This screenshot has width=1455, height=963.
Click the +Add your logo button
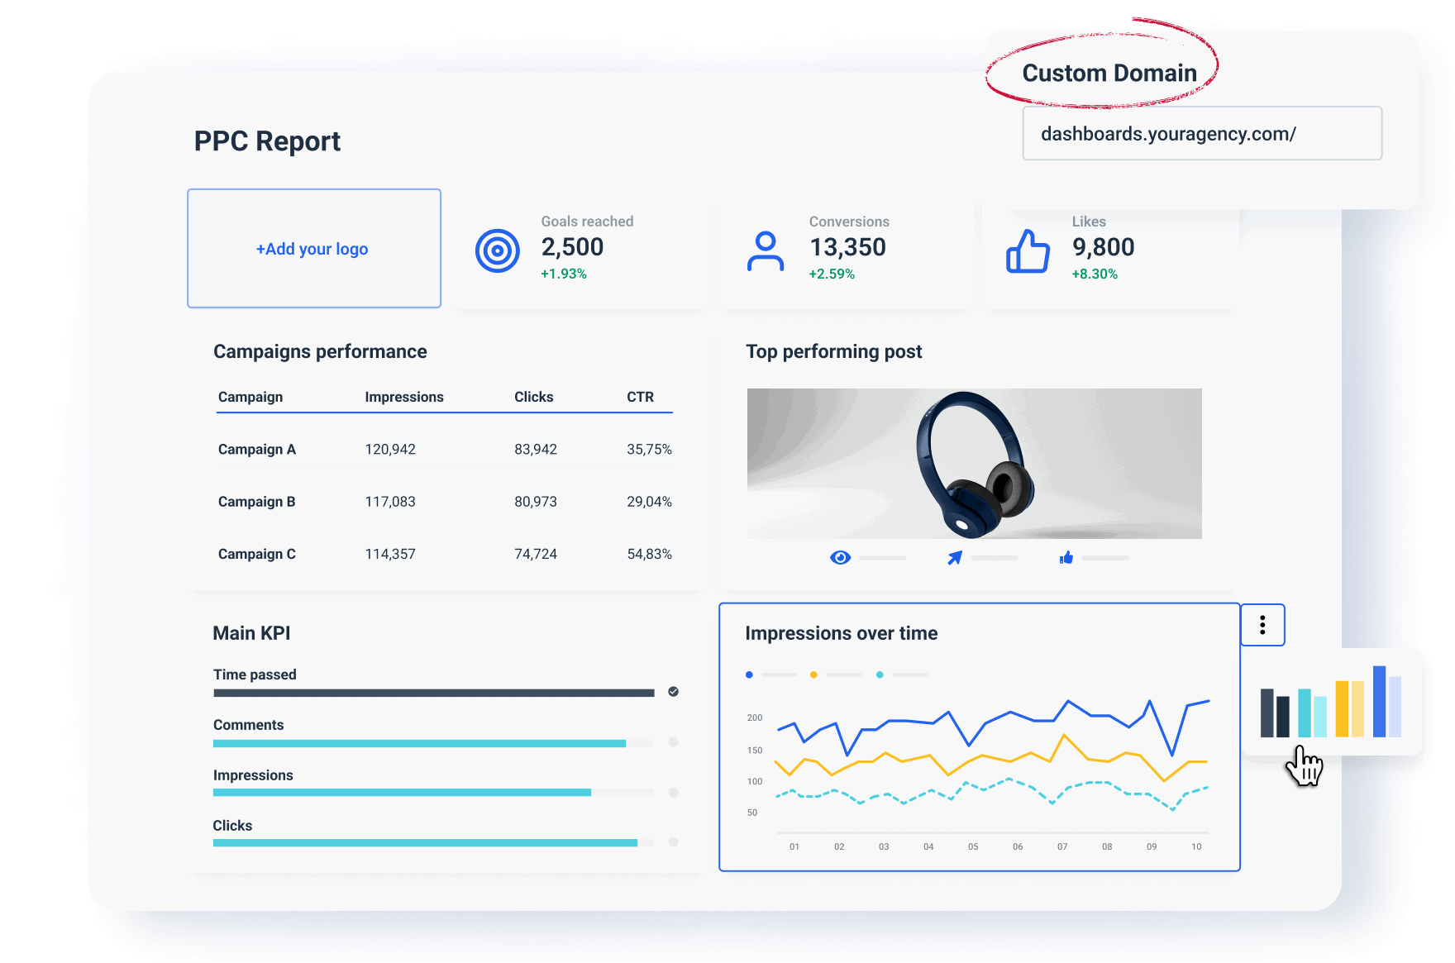313,249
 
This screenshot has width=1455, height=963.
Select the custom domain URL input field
1201,134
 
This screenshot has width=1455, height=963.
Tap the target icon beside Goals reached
498,250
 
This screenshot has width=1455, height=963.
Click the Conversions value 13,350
847,247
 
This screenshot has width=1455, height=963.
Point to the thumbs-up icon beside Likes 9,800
1028,250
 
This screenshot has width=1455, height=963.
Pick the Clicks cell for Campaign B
536,502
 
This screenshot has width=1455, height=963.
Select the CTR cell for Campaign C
649,554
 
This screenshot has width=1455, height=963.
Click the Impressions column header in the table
404,397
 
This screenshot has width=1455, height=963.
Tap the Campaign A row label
257,450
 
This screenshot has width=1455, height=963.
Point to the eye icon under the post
840,558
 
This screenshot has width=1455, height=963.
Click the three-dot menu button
1262,625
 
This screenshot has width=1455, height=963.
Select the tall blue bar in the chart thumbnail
1379,701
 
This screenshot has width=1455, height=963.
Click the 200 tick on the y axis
754,717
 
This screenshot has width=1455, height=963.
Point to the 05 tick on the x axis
973,846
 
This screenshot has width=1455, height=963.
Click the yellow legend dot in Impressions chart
813,675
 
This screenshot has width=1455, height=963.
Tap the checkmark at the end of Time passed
674,692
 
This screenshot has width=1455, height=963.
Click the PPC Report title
267,141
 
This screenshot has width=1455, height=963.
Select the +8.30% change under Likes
1095,274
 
